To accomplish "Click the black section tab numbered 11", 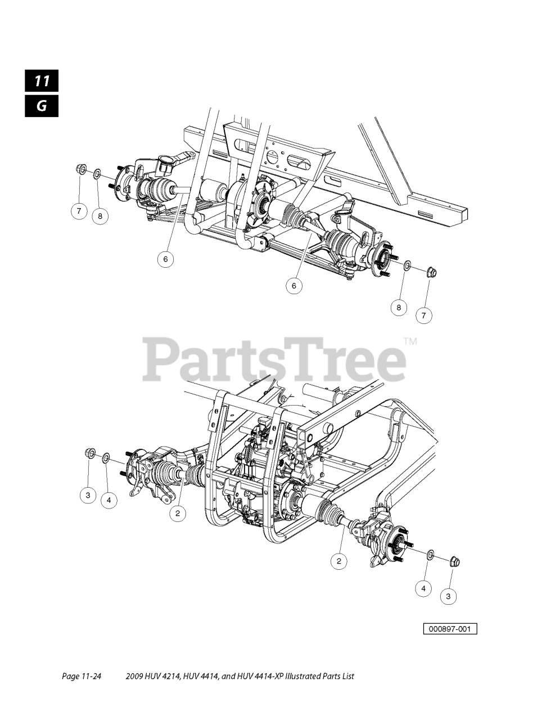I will (x=42, y=81).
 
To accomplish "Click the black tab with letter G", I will (x=42, y=106).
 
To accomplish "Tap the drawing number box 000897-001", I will (x=450, y=628).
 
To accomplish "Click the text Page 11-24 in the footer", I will (x=81, y=676).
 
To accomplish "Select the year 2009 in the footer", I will (x=136, y=676).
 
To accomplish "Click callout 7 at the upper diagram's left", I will (x=79, y=211).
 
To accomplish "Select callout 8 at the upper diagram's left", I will (x=100, y=215).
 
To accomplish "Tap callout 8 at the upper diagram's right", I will (x=399, y=307).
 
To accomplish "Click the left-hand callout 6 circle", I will (x=165, y=259).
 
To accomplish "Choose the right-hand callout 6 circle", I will (x=293, y=286).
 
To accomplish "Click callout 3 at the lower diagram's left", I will (x=88, y=496).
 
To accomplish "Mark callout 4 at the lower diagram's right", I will (x=423, y=588).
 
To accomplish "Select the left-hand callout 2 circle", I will (x=178, y=513).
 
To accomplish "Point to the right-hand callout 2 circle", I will (x=338, y=560).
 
